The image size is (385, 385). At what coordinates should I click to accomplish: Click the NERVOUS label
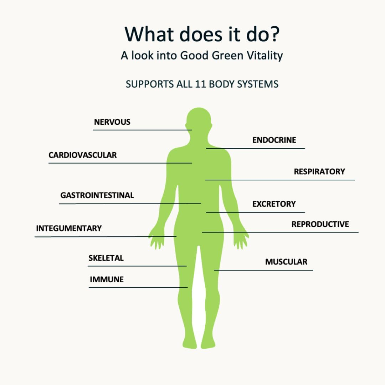(112, 122)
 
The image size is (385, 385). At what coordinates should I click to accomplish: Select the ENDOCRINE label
(274, 140)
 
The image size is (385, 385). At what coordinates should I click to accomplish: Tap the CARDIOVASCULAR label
(83, 155)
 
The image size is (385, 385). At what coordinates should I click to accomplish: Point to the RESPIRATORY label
(319, 171)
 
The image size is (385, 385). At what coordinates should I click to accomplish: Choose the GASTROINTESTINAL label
(97, 195)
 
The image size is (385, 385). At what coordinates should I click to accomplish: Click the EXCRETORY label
(274, 204)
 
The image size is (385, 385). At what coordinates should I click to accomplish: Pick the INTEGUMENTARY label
(69, 228)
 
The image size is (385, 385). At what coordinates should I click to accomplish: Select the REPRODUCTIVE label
(320, 224)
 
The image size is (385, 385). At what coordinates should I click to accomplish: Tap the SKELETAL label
(106, 258)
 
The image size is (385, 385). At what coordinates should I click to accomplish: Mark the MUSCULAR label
(286, 262)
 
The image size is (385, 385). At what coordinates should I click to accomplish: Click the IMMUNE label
(107, 279)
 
